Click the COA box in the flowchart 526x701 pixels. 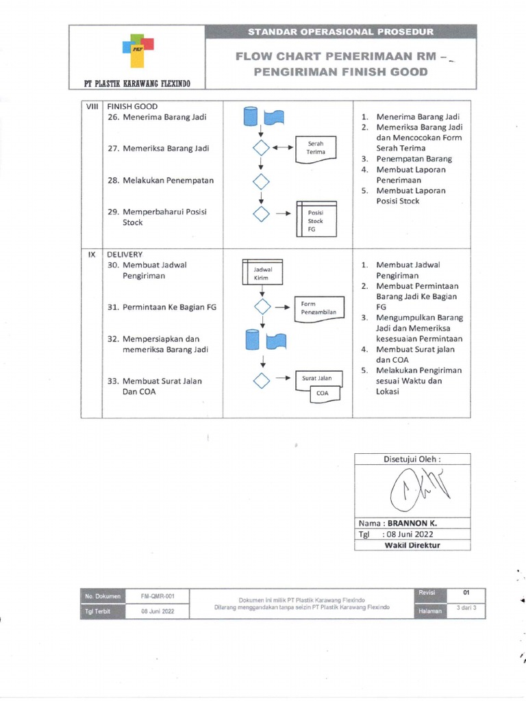pos(322,393)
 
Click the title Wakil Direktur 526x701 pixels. pos(412,546)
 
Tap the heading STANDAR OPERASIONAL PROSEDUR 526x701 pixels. pos(340,32)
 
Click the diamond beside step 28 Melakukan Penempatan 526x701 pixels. pos(261,181)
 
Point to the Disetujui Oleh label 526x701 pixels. pos(412,459)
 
